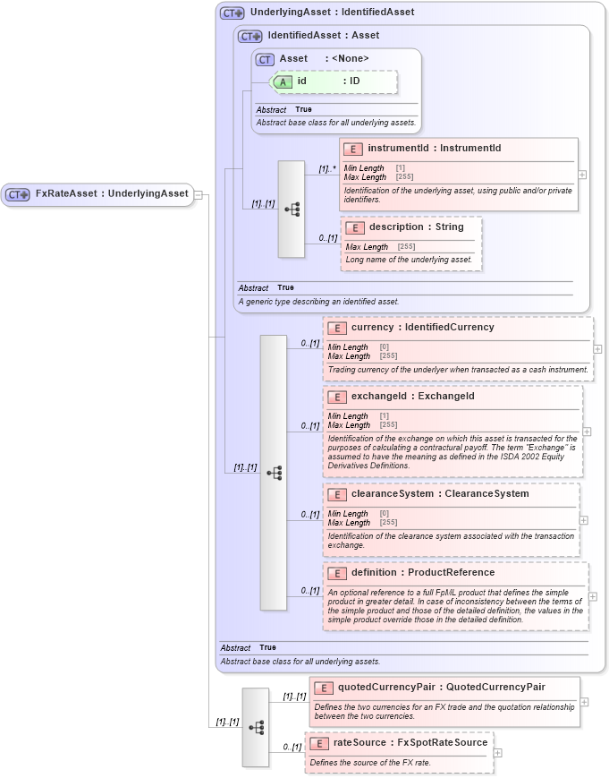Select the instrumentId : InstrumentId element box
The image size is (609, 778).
[x=458, y=174]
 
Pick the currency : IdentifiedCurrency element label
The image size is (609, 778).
[x=422, y=328]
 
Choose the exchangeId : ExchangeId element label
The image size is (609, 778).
[x=412, y=396]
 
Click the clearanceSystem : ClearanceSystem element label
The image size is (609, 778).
[x=440, y=494]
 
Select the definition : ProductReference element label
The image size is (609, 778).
[x=422, y=573]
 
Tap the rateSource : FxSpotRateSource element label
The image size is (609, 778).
[x=410, y=742]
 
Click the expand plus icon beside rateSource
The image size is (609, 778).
[x=498, y=753]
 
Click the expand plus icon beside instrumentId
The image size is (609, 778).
[x=582, y=175]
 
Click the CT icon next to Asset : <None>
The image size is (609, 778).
[x=265, y=59]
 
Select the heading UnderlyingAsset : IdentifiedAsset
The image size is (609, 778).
[x=332, y=13]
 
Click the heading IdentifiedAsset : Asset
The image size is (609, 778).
[x=323, y=36]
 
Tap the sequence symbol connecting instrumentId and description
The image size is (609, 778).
[x=292, y=209]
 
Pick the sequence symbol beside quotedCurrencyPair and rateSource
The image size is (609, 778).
[x=256, y=727]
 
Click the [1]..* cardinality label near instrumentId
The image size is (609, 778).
[x=327, y=167]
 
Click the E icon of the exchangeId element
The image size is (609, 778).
[x=337, y=397]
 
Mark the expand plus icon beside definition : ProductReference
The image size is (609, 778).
[x=593, y=595]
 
